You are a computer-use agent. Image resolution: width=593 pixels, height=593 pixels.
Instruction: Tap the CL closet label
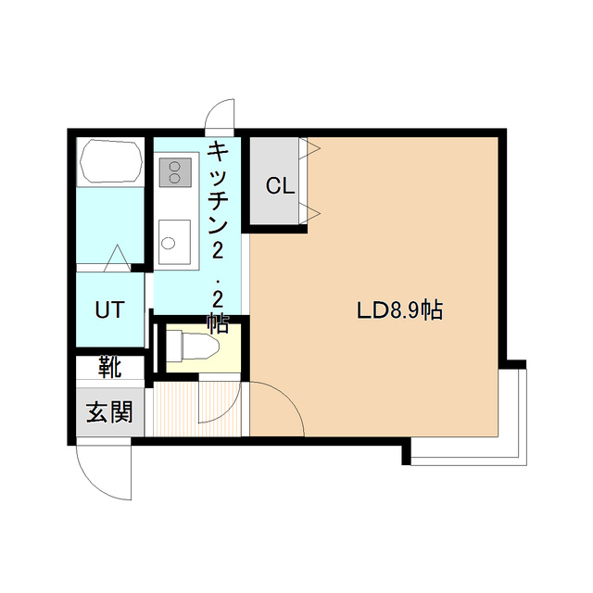[280, 185]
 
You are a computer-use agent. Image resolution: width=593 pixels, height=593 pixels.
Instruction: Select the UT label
[109, 309]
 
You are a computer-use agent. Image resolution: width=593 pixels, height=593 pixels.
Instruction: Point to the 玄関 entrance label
[109, 412]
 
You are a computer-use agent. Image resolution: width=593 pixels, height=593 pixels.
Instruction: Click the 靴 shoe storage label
[109, 368]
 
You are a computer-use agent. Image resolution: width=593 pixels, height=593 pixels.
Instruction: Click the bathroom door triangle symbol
[118, 259]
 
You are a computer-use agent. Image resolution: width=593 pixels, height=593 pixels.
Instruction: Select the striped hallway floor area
[176, 408]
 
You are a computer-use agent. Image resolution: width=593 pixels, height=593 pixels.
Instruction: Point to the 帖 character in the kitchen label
[218, 324]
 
